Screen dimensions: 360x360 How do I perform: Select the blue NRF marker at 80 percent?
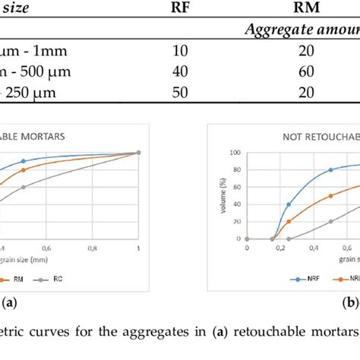[x=330, y=169]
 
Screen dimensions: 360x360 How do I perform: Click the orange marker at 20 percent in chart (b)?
[x=289, y=221]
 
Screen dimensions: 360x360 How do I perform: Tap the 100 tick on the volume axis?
[x=238, y=153]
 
